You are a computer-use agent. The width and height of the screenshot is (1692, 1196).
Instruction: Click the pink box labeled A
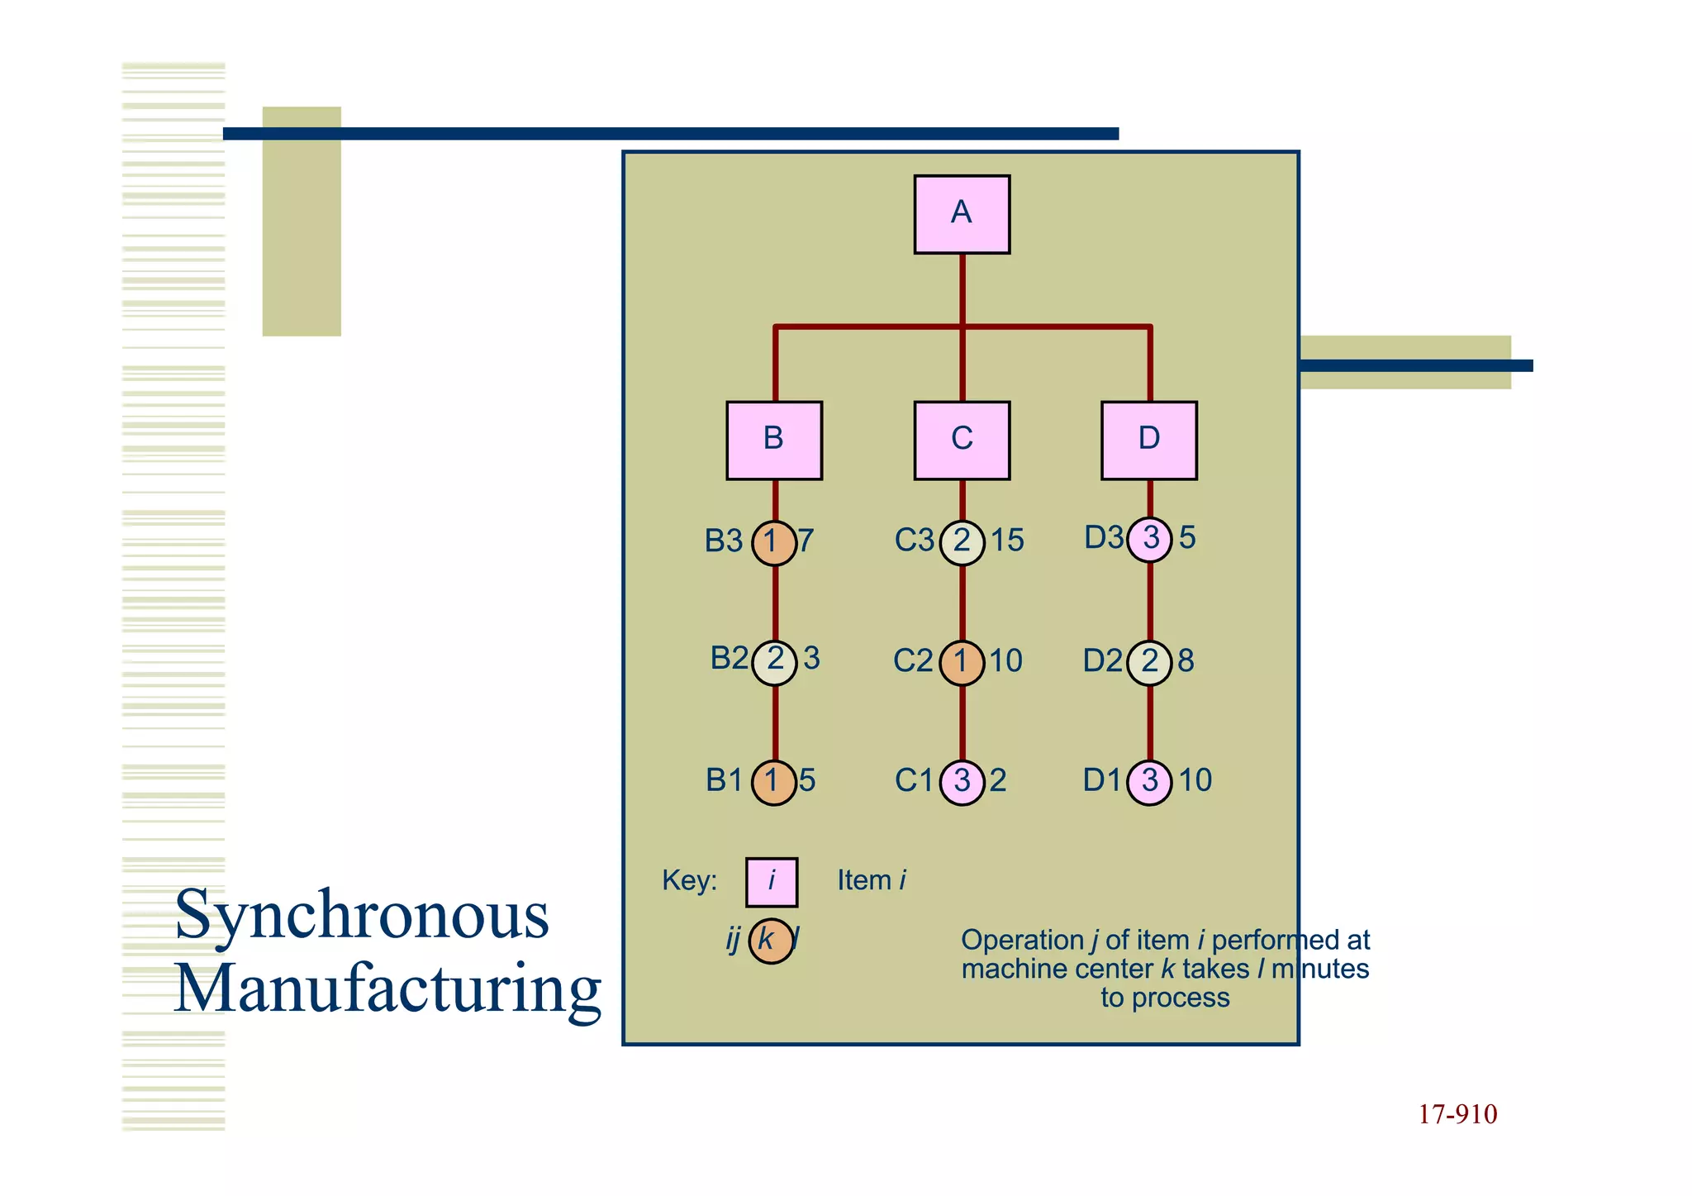tap(962, 214)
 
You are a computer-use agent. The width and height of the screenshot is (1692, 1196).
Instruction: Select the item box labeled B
tap(774, 440)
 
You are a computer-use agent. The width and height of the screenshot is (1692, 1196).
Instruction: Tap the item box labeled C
tap(962, 440)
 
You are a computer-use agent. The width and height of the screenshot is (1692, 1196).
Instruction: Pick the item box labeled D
tap(1149, 440)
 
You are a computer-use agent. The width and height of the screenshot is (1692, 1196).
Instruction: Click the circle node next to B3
tap(774, 543)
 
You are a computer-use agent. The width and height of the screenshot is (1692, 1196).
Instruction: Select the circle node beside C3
tap(962, 543)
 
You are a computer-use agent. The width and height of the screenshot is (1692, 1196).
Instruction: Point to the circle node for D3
tap(1149, 540)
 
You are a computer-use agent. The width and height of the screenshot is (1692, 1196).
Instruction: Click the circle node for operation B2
tap(774, 662)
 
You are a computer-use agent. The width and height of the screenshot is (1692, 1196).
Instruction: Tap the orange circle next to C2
tap(962, 662)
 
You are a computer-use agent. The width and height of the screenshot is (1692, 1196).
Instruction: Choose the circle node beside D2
tap(1149, 662)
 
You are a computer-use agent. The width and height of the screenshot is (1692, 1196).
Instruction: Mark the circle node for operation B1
tap(774, 782)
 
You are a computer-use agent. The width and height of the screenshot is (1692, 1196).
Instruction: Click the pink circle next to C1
tap(962, 782)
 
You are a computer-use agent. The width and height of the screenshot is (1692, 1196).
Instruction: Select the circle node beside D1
tap(1149, 782)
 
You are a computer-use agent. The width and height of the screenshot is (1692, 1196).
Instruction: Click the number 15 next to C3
tap(1007, 541)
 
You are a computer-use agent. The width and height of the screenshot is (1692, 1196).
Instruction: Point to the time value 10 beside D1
tap(1195, 780)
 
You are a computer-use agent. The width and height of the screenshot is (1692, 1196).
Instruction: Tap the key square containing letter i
tap(772, 882)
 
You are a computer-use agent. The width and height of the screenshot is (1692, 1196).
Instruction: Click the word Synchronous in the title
tap(362, 916)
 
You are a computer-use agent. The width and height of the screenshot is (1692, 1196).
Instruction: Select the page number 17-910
tap(1457, 1114)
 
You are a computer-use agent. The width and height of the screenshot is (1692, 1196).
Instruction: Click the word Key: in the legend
tap(689, 880)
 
